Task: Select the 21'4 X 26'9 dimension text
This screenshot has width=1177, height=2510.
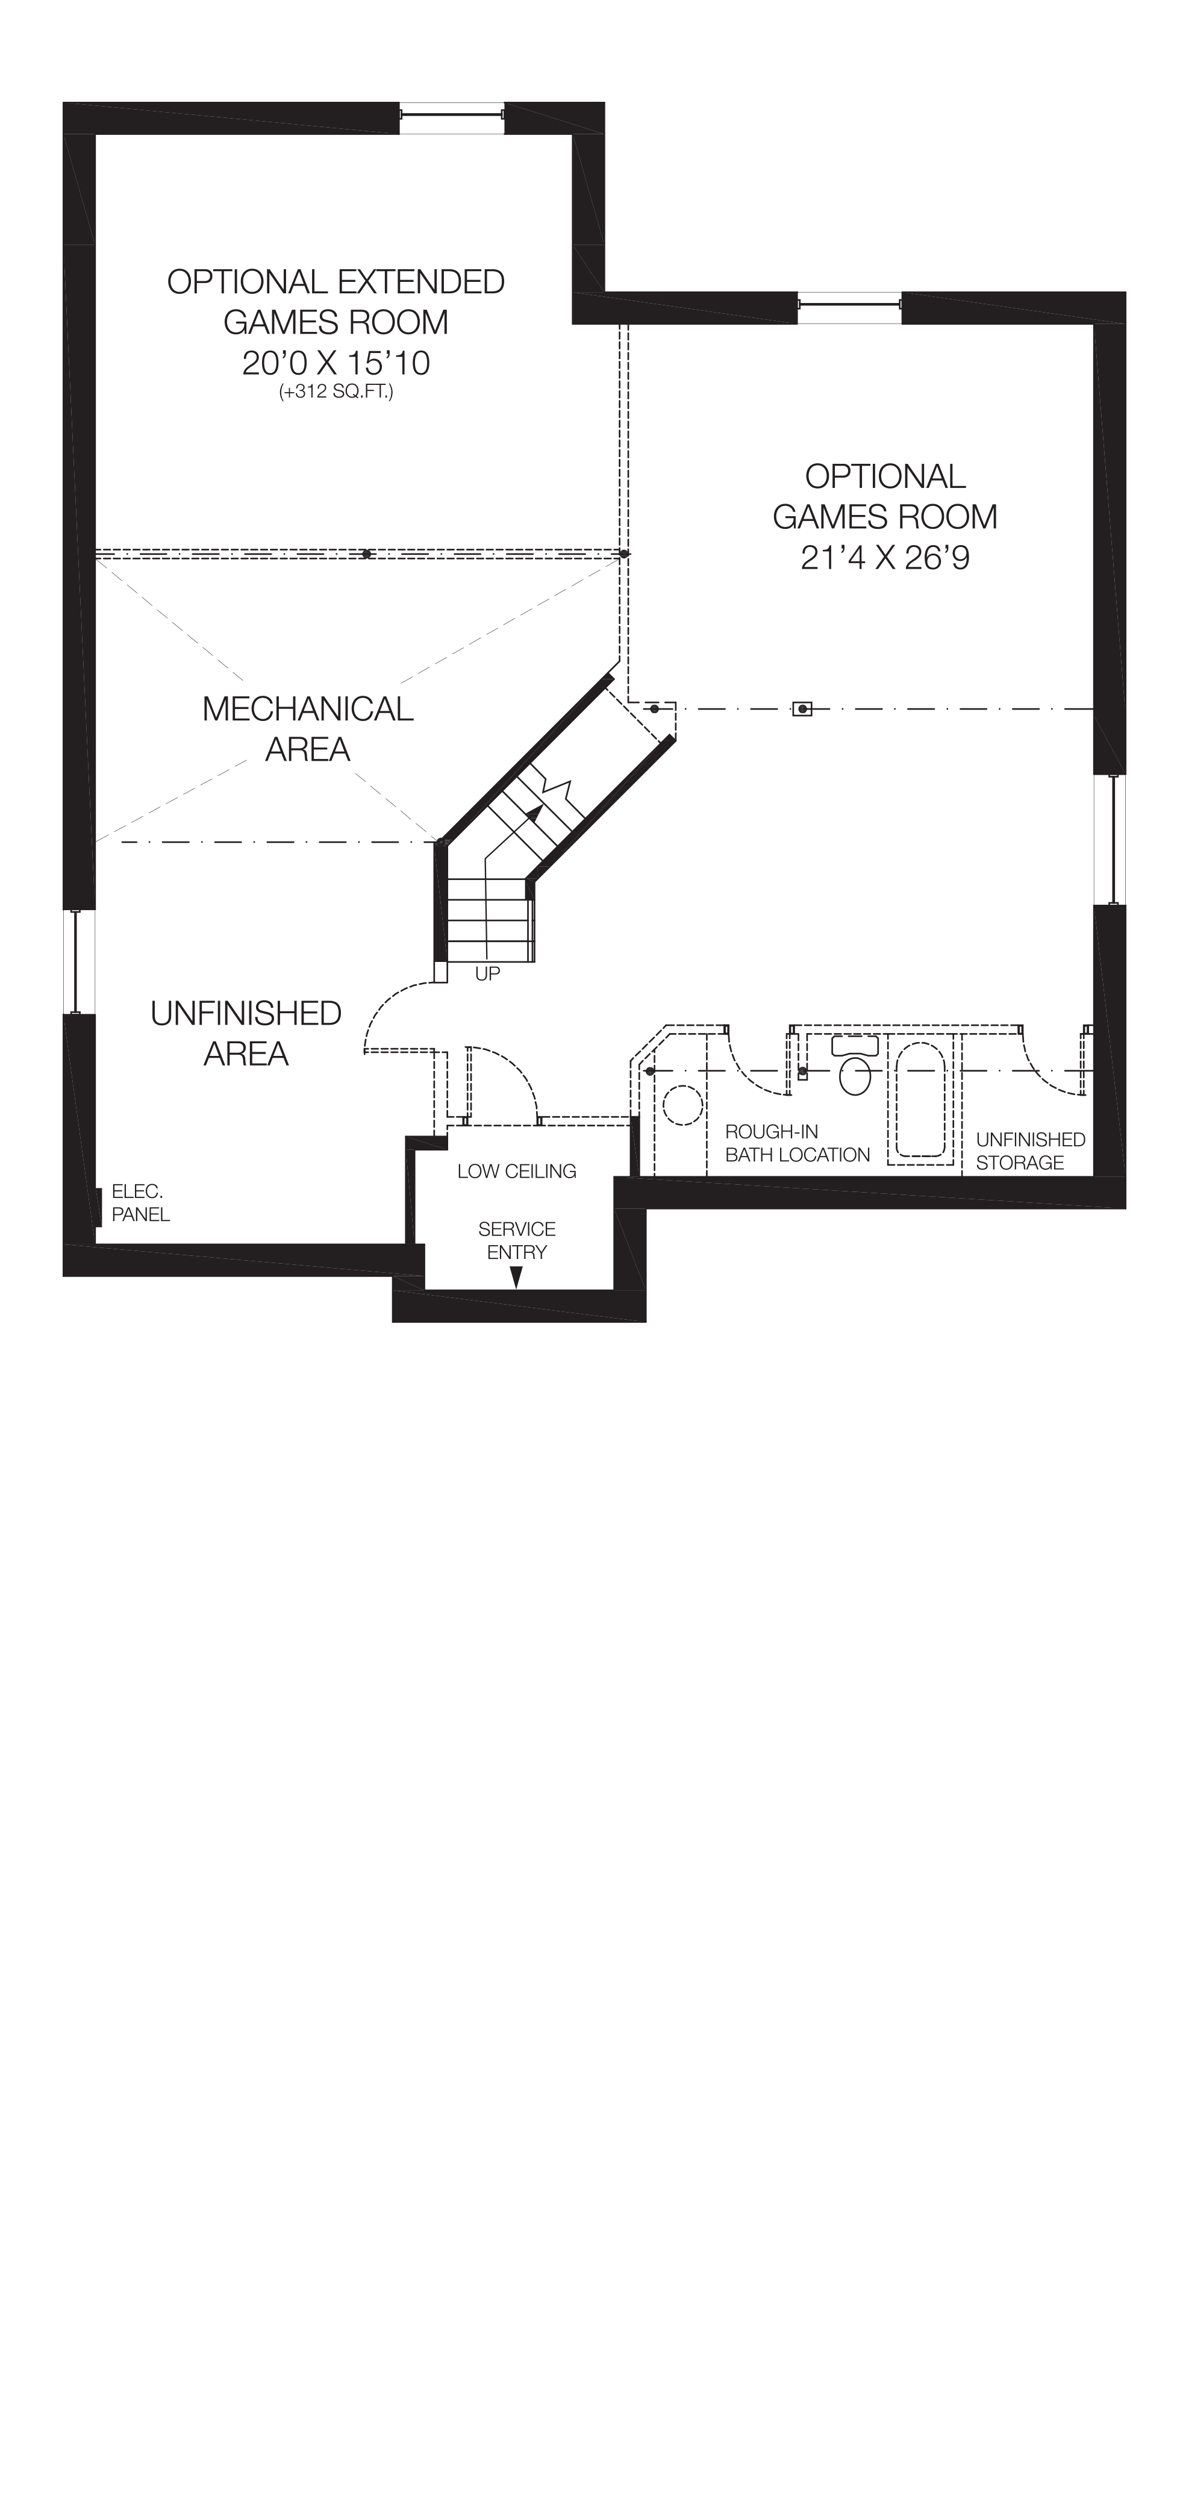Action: (885, 558)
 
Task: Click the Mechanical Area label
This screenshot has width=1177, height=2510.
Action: (307, 729)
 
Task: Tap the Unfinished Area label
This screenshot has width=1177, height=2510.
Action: (246, 1033)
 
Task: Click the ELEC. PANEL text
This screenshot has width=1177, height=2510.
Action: (140, 1202)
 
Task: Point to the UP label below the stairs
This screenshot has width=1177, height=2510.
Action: (487, 973)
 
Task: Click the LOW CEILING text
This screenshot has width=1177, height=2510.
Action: (516, 1171)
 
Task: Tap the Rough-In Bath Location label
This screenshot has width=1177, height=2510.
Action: (796, 1143)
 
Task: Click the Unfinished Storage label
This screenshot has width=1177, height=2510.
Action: (1030, 1150)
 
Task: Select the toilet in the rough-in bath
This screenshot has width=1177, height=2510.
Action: (855, 1068)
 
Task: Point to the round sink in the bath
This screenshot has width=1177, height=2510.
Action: (683, 1106)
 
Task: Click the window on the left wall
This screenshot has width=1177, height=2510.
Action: (79, 962)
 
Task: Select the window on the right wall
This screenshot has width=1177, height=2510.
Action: (1109, 839)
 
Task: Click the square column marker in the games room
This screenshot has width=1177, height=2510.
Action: (802, 710)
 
